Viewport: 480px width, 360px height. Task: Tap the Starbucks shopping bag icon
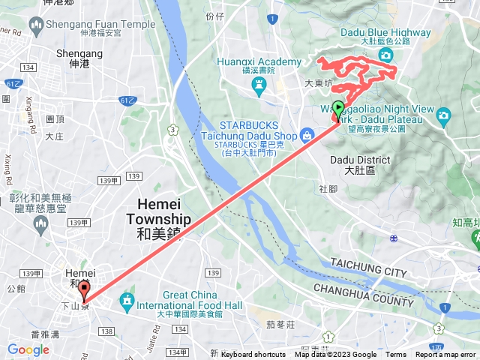tap(307, 136)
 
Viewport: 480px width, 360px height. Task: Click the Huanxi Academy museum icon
tap(260, 87)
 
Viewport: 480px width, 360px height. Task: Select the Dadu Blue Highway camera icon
tap(386, 56)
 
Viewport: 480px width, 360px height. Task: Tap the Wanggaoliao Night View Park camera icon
tap(443, 115)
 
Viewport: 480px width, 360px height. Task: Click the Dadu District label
tap(360, 165)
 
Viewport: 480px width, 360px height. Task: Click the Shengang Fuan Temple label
tap(95, 28)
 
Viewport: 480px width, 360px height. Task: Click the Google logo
tap(28, 349)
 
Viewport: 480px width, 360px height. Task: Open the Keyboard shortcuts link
tap(253, 355)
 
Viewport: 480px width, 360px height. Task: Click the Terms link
tap(396, 355)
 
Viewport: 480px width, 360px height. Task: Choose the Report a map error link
tap(445, 355)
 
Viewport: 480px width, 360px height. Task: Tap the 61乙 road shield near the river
tap(127, 99)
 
